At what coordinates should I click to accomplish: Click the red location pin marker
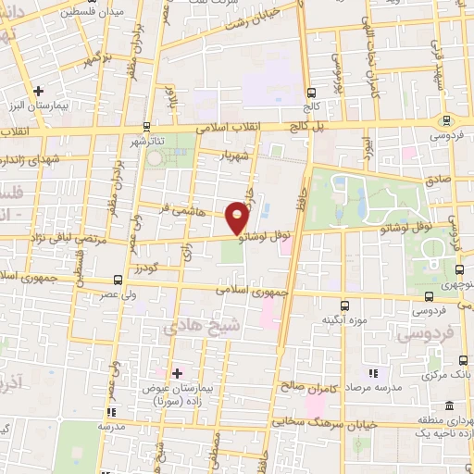(x=238, y=216)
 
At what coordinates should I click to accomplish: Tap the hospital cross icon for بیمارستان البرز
(x=38, y=91)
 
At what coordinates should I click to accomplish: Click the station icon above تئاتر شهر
(x=146, y=125)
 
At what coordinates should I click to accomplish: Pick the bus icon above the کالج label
(x=311, y=92)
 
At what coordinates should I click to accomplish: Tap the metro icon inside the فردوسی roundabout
(x=447, y=120)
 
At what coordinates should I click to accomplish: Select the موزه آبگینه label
(x=341, y=320)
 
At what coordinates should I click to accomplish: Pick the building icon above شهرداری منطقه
(x=448, y=406)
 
